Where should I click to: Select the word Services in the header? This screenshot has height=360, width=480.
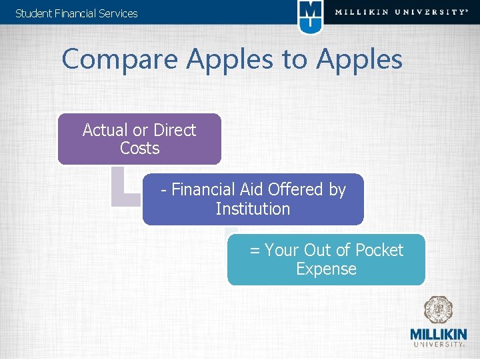coord(117,13)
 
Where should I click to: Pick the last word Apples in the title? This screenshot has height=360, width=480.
coord(359,59)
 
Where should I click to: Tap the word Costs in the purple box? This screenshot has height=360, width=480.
coord(139,148)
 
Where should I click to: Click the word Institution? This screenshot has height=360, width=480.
coord(253,209)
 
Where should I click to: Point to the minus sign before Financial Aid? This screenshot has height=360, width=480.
coord(164,191)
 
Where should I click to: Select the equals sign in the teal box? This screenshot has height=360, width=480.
coord(255,251)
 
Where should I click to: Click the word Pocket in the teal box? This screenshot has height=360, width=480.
coord(379,251)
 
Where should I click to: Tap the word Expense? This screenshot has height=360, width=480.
coord(326,269)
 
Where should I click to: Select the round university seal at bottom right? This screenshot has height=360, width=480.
coord(439,311)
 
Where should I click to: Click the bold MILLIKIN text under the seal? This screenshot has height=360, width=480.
coord(439,334)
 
